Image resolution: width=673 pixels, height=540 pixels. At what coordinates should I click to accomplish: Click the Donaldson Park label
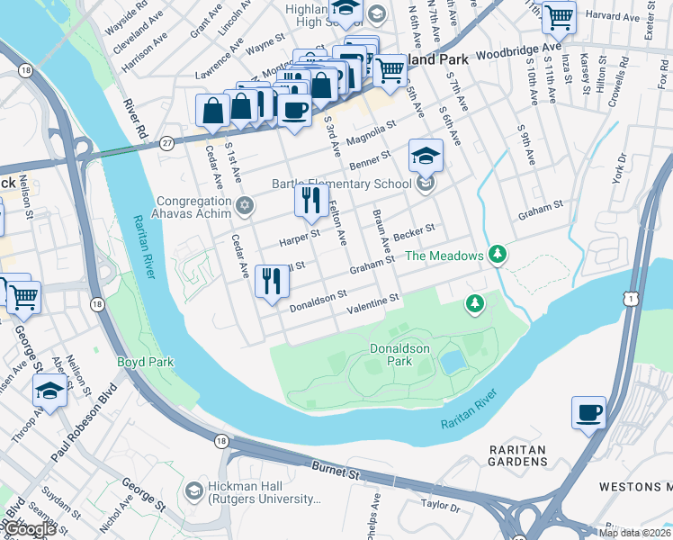point(400,355)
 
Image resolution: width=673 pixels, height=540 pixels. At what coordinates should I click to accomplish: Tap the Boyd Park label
point(145,362)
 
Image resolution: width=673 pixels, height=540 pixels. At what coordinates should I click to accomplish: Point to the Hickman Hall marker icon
point(193,491)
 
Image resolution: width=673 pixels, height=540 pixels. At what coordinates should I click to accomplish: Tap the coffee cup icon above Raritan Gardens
point(588,413)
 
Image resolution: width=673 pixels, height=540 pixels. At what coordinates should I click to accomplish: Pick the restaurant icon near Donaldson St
point(271,281)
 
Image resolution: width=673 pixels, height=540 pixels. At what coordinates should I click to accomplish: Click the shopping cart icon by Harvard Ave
point(560,16)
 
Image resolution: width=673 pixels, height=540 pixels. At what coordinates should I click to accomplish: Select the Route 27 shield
point(166,143)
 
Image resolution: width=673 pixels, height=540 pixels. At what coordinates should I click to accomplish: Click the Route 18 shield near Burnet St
point(221,440)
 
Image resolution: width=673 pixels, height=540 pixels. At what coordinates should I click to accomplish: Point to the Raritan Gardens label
point(518,454)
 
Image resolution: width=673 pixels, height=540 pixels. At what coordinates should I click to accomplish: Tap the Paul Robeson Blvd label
point(84,427)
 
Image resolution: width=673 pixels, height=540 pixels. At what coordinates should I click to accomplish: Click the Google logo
point(31,530)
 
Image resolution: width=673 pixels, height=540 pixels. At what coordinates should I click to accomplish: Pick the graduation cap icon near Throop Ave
point(49,391)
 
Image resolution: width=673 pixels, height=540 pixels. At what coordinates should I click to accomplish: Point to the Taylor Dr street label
point(440,505)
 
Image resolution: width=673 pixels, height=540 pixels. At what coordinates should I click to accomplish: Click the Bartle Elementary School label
point(342,184)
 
